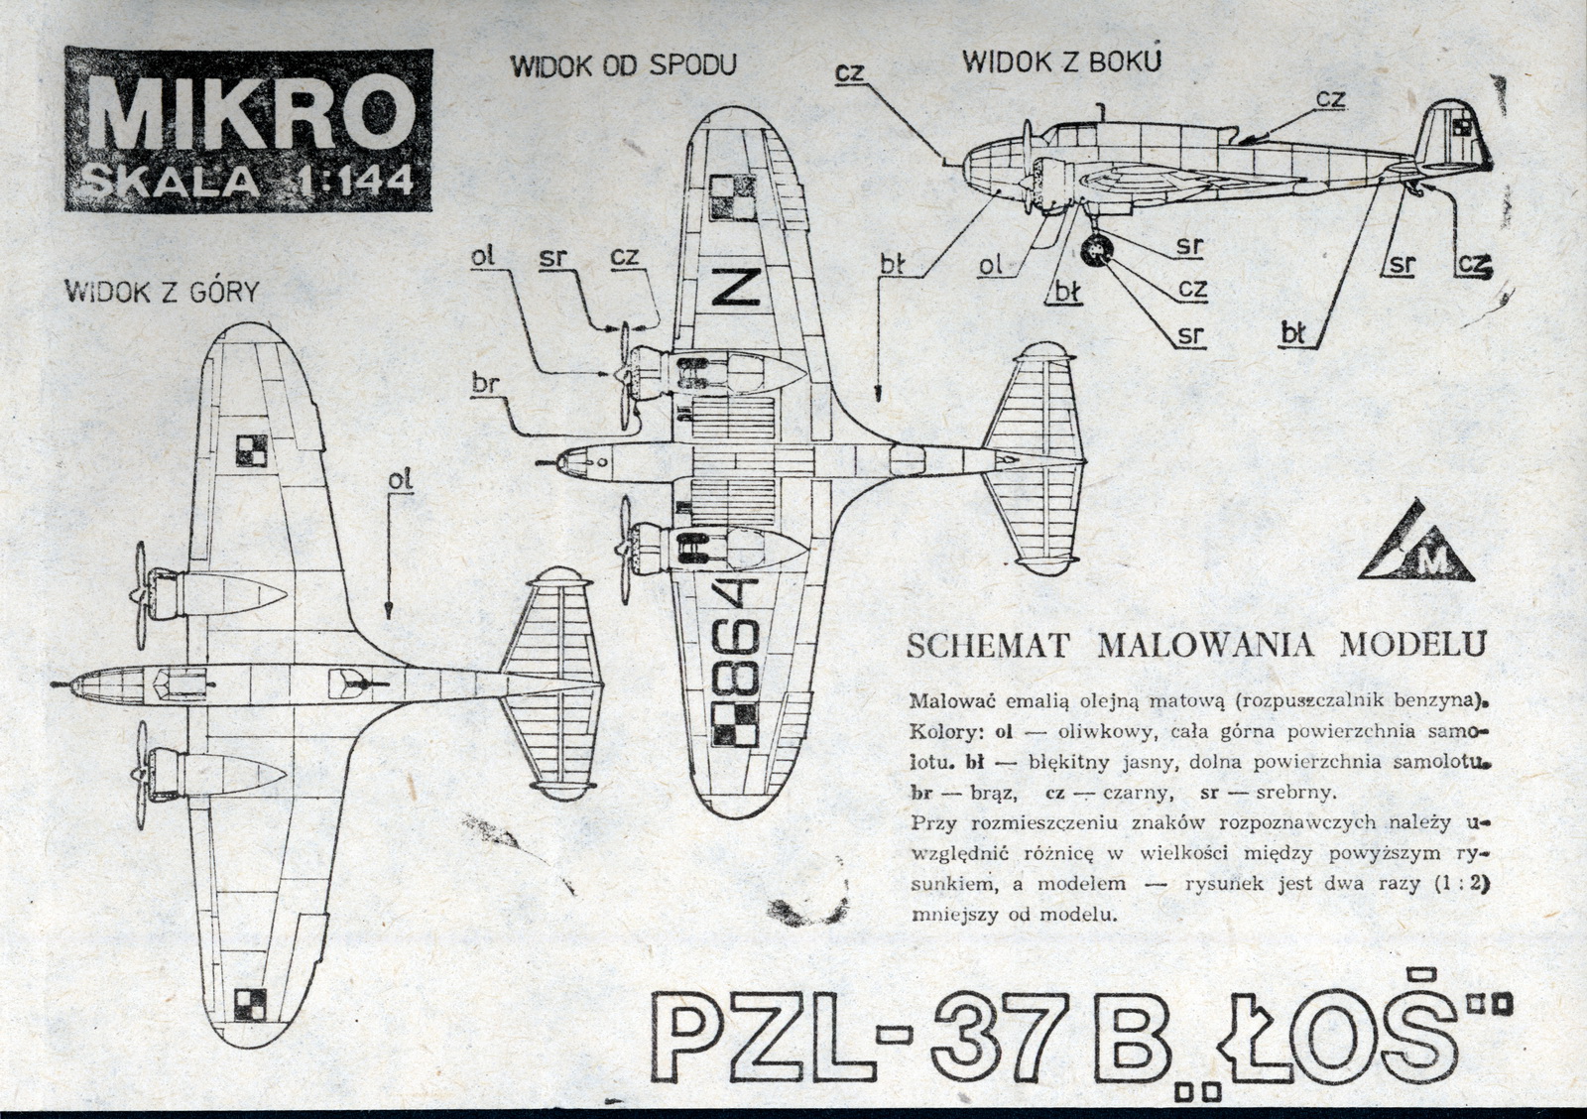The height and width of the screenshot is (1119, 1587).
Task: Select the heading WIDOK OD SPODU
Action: point(623,66)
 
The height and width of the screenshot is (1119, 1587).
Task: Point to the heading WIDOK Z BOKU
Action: point(1061,62)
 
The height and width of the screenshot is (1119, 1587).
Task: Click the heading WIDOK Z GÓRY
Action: point(161,292)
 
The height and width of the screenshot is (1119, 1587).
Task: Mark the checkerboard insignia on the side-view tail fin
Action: point(1461,126)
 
